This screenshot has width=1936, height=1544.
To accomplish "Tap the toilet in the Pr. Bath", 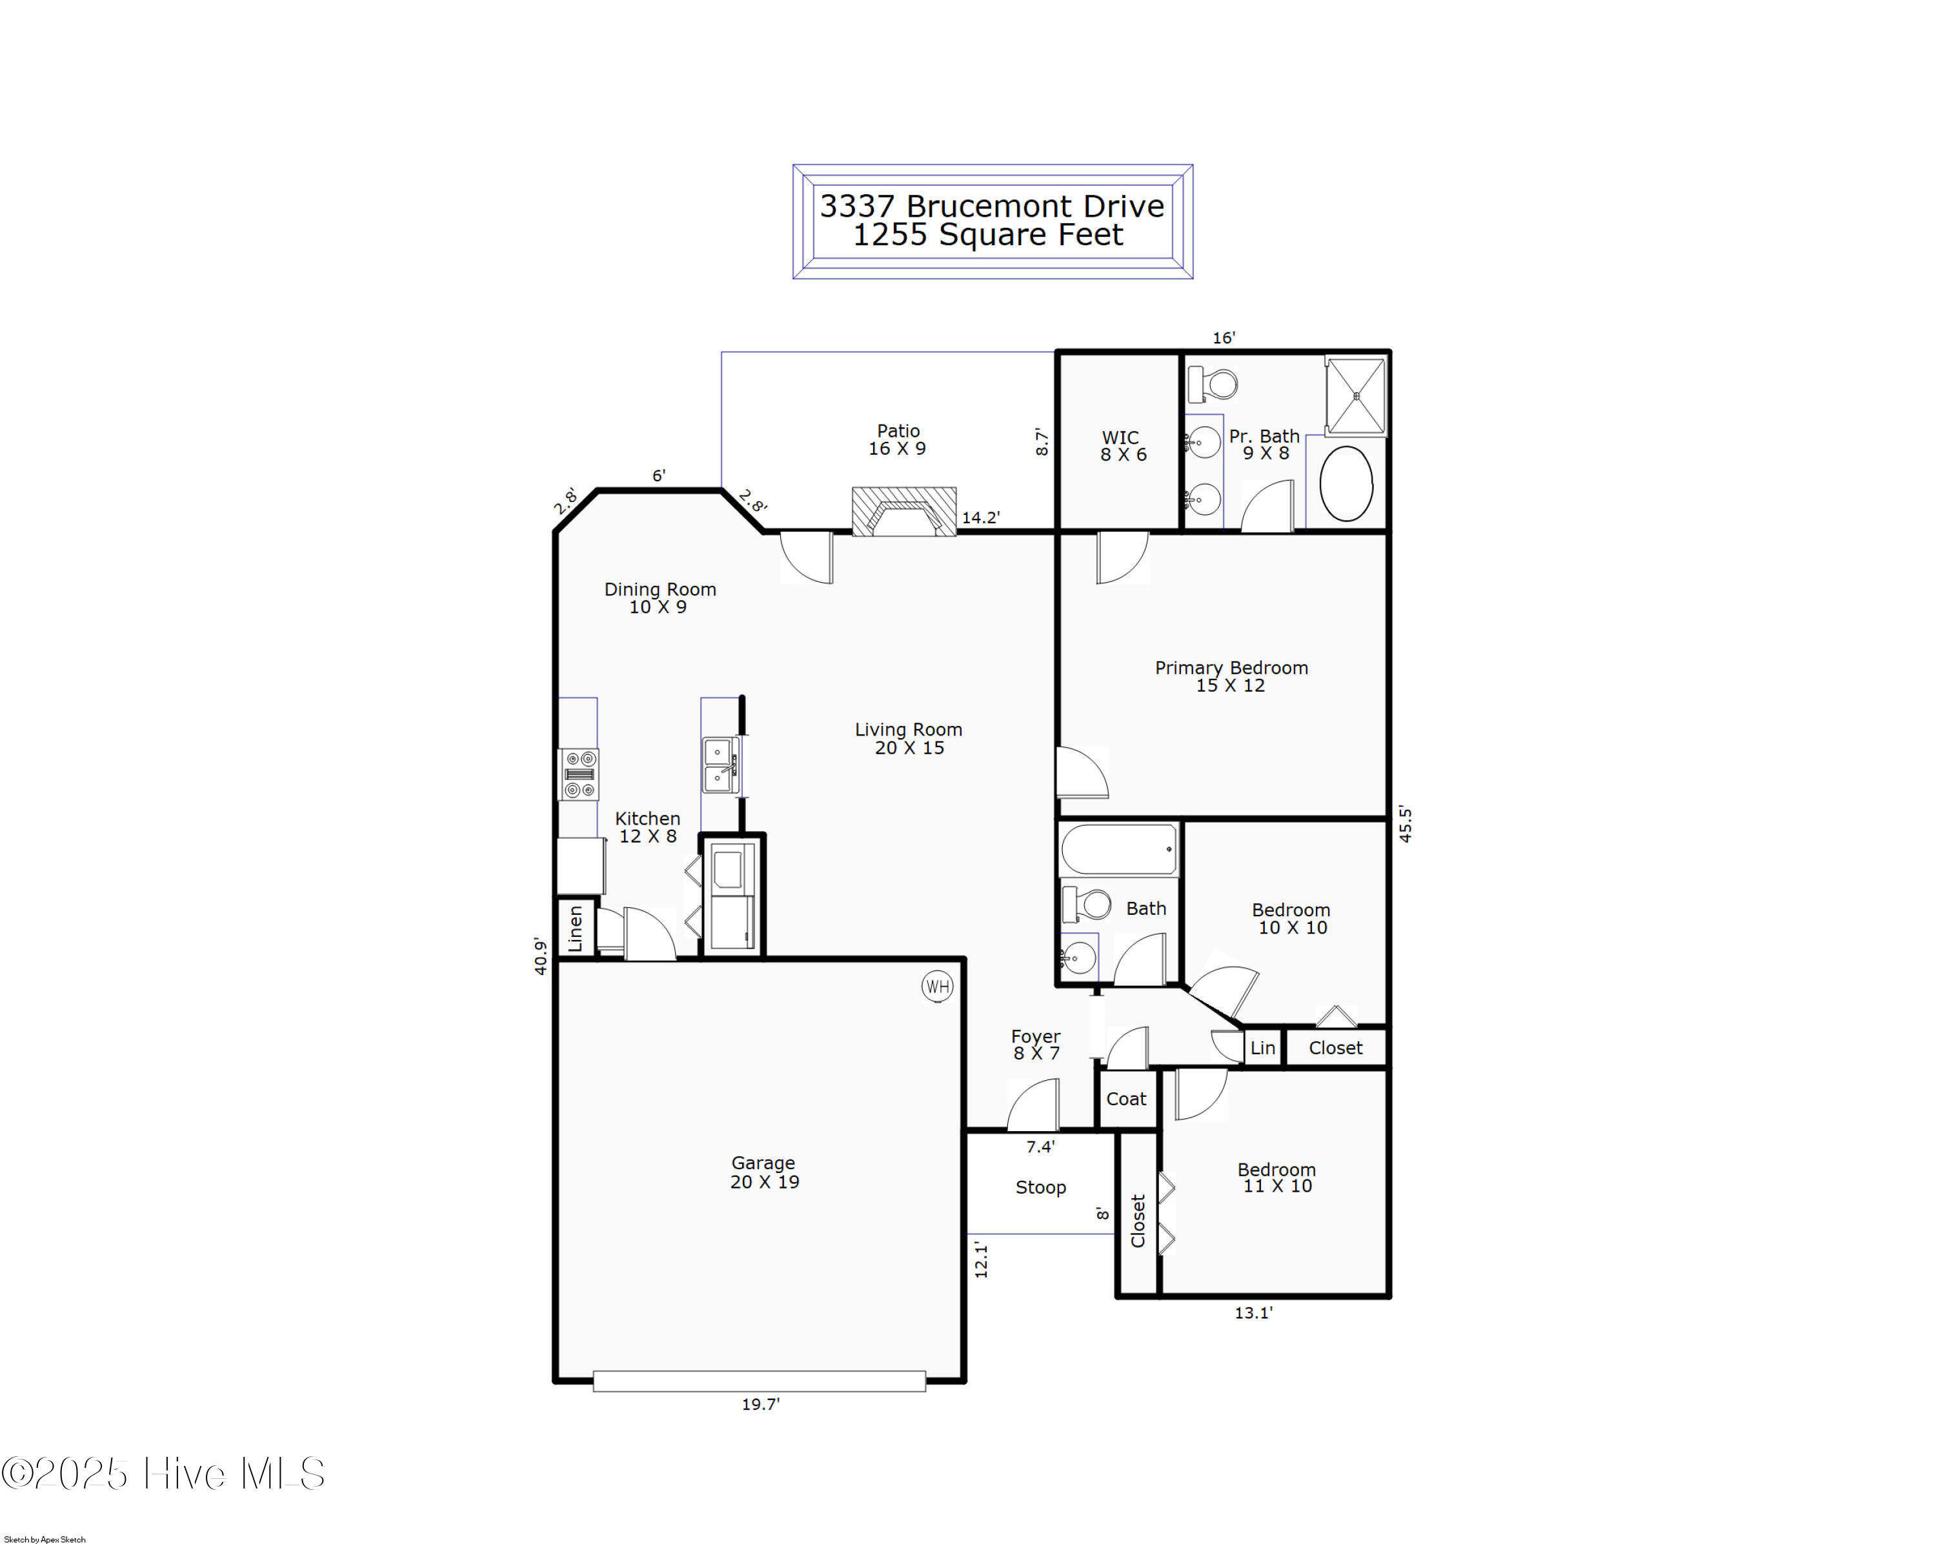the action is pyautogui.click(x=1212, y=384).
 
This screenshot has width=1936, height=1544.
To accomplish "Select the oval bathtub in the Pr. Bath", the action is pyautogui.click(x=1346, y=483).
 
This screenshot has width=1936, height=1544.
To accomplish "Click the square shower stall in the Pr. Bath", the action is pyautogui.click(x=1356, y=396).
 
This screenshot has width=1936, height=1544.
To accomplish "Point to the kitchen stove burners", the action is pyautogui.click(x=579, y=774).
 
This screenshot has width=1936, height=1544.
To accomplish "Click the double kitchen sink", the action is pyautogui.click(x=720, y=765).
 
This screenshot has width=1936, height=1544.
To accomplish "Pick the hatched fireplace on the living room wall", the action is pyautogui.click(x=903, y=512).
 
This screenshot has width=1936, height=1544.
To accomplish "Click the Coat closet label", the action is pyautogui.click(x=1126, y=1099).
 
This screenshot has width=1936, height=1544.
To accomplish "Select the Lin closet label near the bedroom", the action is pyautogui.click(x=1262, y=1048).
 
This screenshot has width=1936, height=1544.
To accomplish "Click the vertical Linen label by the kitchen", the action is pyautogui.click(x=576, y=928).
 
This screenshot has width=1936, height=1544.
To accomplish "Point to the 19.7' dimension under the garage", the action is pyautogui.click(x=761, y=1404).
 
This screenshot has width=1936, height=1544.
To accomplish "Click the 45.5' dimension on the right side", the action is pyautogui.click(x=1406, y=824).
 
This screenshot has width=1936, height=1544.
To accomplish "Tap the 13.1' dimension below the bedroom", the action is pyautogui.click(x=1253, y=1312).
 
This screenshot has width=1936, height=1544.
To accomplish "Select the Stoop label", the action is pyautogui.click(x=1041, y=1188).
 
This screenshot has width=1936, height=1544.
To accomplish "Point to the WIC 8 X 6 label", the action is pyautogui.click(x=1122, y=445).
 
